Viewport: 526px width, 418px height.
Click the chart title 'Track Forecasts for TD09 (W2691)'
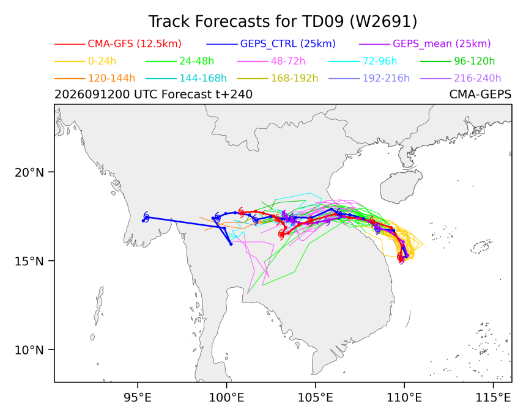point(283,21)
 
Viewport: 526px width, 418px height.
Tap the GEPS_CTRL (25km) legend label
point(288,44)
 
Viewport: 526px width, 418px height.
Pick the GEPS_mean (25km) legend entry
point(442,44)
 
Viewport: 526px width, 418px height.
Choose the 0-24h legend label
point(102,61)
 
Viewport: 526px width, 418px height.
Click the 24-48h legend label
point(196,61)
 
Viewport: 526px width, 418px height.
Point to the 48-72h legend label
point(288,61)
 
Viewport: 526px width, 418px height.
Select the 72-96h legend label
point(380,61)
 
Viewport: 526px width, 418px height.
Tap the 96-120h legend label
point(475,61)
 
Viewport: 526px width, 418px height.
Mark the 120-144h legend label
point(111,78)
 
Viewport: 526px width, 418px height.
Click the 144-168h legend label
point(203,78)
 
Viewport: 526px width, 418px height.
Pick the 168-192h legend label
point(295,78)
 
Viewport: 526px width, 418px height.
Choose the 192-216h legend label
point(386,78)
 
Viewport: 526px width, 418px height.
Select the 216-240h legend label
point(477,78)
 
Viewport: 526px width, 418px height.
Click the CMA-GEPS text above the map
point(480,95)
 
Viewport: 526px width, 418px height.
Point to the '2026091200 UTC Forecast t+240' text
point(154,95)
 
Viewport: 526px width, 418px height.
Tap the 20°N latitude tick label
point(29,172)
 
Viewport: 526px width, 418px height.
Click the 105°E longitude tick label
point(316,398)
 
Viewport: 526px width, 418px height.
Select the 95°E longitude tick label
point(138,398)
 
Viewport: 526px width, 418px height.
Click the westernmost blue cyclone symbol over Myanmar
point(146,217)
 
